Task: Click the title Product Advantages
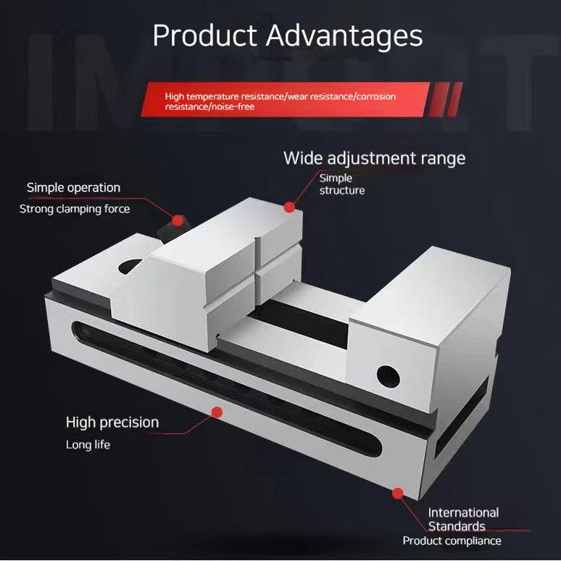point(288,36)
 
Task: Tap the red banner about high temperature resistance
point(285,99)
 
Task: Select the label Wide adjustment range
point(374,159)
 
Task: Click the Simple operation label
point(73,188)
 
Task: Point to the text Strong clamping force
point(75,209)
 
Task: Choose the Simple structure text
point(341,184)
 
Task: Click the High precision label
point(112,423)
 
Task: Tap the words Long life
point(88,445)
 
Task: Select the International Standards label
point(463,519)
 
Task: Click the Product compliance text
point(452,541)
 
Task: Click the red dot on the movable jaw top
point(289,207)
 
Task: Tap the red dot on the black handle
point(178,220)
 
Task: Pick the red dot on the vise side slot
point(217,412)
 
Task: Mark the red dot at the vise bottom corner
point(397,494)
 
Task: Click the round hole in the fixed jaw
point(388,377)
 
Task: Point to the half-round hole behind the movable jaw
point(129,266)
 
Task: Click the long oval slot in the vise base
point(226,388)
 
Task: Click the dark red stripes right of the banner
point(446,99)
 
